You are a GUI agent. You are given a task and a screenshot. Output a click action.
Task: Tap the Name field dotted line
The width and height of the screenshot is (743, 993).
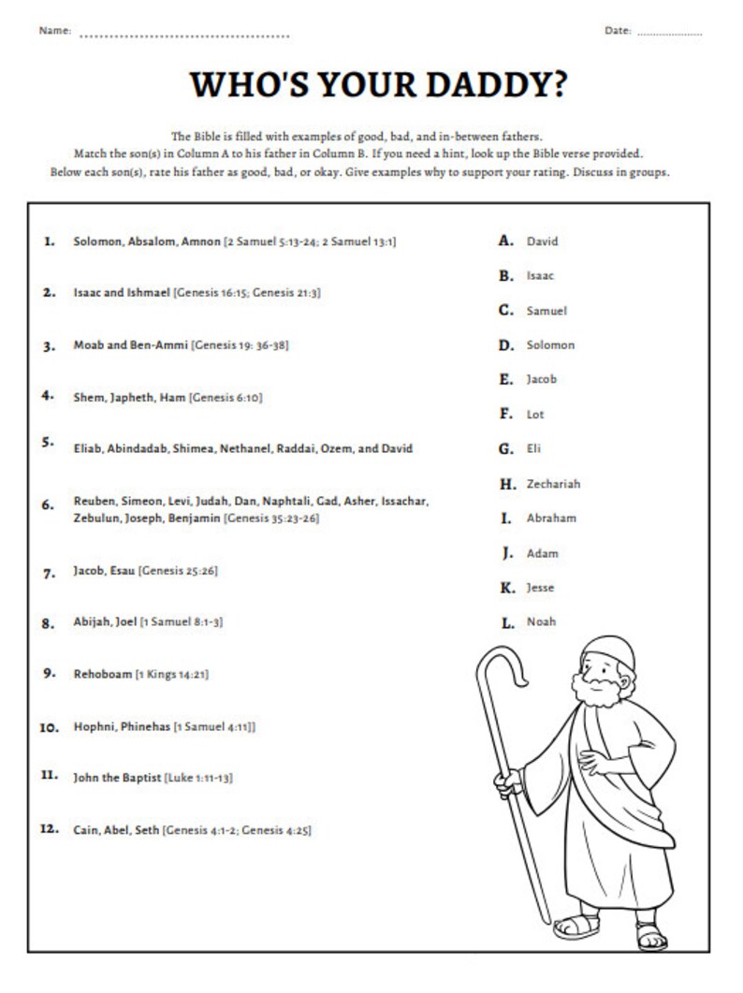click(x=184, y=37)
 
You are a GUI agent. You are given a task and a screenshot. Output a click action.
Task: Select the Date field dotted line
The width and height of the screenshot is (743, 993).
click(x=669, y=34)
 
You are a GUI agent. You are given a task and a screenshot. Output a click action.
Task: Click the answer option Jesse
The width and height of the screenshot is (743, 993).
click(x=540, y=588)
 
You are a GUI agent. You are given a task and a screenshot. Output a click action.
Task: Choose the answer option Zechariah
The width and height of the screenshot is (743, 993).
click(x=553, y=484)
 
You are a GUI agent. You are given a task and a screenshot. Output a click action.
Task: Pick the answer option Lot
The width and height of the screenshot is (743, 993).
click(x=535, y=414)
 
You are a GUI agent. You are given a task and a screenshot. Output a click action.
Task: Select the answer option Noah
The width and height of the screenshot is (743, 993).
click(x=541, y=621)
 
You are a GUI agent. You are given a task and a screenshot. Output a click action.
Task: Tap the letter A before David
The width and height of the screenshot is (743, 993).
click(x=506, y=241)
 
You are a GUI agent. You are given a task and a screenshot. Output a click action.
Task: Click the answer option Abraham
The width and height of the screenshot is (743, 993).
click(x=551, y=518)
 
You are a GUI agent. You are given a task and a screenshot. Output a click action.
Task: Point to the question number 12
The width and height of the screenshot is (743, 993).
click(x=50, y=829)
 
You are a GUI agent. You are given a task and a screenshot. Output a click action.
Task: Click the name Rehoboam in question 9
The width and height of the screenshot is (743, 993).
click(x=102, y=673)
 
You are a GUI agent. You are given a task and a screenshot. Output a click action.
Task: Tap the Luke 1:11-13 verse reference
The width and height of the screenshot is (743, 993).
click(x=198, y=778)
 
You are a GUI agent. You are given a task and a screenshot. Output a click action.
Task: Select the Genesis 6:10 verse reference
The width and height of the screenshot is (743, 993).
click(x=226, y=398)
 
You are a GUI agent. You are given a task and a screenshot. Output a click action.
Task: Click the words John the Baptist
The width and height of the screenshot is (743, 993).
click(x=117, y=778)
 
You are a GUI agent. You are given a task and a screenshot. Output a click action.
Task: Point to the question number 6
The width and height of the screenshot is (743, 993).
click(x=49, y=505)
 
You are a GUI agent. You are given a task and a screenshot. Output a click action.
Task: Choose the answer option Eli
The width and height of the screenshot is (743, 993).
click(x=534, y=448)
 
